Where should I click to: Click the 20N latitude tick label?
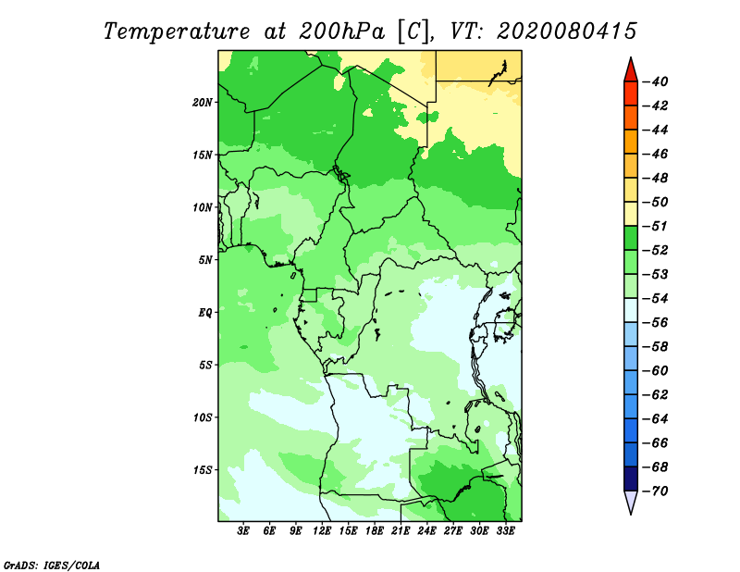tap(203, 103)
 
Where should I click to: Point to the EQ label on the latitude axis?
tap(204, 313)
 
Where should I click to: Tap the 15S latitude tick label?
tap(203, 470)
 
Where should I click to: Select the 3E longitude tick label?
tap(243, 531)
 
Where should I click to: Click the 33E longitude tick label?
tap(505, 531)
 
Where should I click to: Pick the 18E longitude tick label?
tap(375, 531)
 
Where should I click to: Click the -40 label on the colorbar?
tap(655, 81)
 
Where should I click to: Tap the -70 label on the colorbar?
tap(655, 491)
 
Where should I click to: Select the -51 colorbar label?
tap(655, 226)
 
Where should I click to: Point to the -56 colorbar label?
tap(655, 323)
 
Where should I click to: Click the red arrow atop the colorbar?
tap(631, 70)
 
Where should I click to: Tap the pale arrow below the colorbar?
tap(631, 502)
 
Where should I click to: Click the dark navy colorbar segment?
tap(631, 479)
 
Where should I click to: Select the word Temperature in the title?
tap(177, 32)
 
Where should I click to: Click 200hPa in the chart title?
tap(341, 31)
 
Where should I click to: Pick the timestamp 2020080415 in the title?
tap(567, 31)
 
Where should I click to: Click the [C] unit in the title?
tap(413, 31)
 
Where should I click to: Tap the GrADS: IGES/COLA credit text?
tap(52, 566)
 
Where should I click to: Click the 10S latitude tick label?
tap(203, 417)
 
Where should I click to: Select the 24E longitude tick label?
tap(426, 531)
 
